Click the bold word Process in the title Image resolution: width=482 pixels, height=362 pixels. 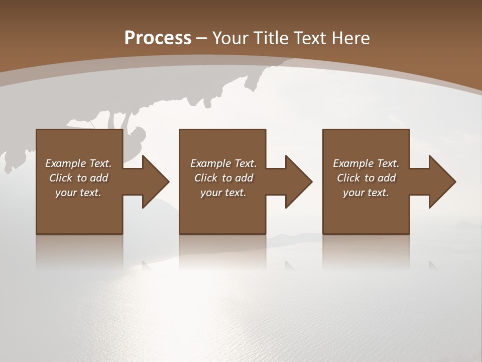point(158,38)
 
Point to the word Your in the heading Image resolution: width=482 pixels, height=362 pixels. point(231,38)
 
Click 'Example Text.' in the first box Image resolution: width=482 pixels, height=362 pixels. point(78,163)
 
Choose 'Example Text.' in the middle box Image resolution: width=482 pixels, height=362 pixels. point(223,163)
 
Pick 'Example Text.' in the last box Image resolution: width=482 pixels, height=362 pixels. point(366,163)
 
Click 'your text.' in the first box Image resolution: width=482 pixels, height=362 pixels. point(78,193)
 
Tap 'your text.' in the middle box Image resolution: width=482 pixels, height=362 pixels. point(223,193)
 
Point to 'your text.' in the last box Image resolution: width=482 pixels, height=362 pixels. point(366,193)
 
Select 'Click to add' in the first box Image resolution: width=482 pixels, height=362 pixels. point(78,178)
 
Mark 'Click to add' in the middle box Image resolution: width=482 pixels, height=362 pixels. point(223,178)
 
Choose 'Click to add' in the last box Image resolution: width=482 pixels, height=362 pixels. point(366,178)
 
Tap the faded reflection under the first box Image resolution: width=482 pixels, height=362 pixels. point(79,251)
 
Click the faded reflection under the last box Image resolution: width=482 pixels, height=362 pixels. point(366,251)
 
